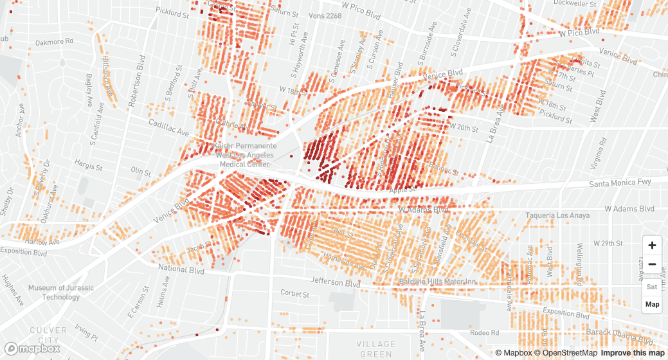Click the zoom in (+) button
652,245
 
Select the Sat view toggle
652,287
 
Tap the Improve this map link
633,353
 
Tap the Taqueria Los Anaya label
557,215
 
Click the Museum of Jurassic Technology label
61,292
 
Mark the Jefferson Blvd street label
336,282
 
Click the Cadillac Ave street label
169,127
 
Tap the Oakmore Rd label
55,42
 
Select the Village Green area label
376,348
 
